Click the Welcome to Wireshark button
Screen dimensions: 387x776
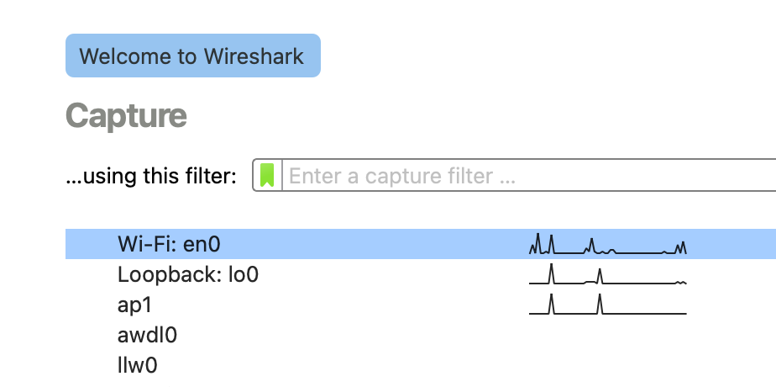tap(192, 56)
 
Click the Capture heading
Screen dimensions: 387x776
tap(126, 116)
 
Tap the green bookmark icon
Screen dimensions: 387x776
tap(267, 176)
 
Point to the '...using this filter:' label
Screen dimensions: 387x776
tap(151, 177)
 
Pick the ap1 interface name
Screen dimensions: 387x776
tap(134, 305)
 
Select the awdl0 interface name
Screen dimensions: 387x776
tap(148, 335)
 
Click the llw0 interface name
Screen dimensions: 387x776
tap(138, 365)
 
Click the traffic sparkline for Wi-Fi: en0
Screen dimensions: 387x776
tap(608, 245)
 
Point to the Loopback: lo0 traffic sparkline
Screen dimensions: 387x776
tap(608, 276)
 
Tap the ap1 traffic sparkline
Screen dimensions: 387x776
tap(608, 305)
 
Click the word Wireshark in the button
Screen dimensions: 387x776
tap(253, 56)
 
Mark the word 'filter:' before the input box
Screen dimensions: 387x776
tap(209, 177)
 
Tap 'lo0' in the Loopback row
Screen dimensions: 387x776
tap(244, 274)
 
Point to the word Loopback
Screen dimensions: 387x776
tap(170, 274)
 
